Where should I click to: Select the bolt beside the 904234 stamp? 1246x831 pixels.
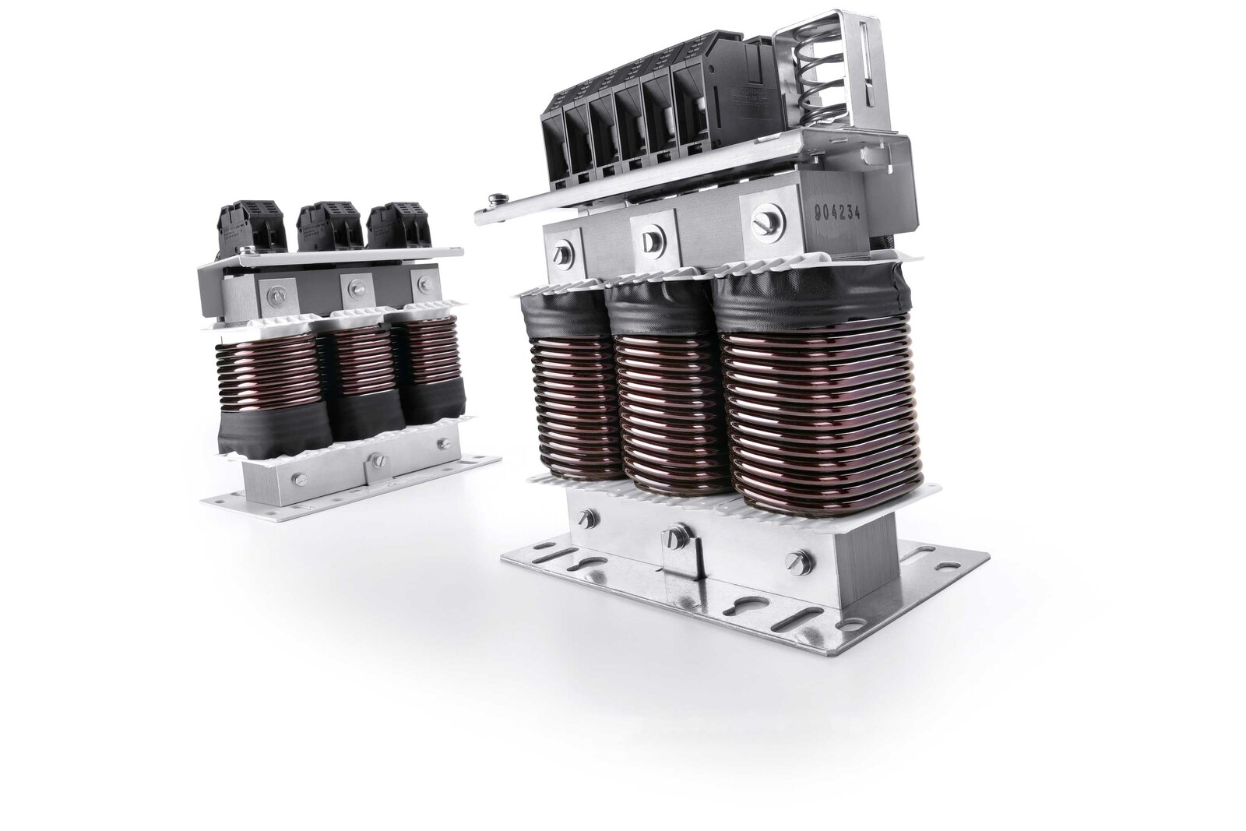(761, 220)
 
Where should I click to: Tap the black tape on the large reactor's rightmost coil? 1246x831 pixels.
(818, 308)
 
